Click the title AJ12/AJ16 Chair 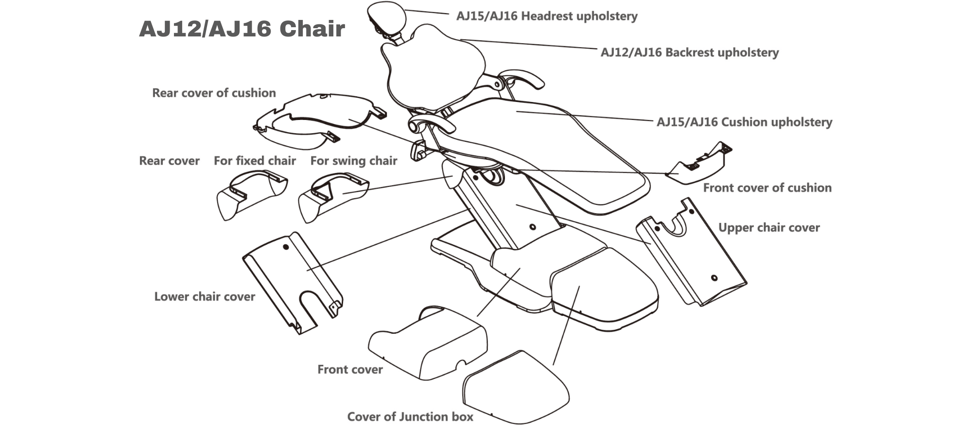click(242, 29)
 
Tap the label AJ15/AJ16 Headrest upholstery click(546, 17)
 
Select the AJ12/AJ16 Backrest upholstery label click(689, 52)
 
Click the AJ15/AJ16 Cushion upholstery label click(744, 122)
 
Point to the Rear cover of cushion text click(214, 93)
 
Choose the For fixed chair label click(255, 161)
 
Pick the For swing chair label click(353, 161)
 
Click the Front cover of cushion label click(767, 188)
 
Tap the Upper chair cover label click(768, 228)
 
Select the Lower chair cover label click(204, 297)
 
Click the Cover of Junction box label click(410, 417)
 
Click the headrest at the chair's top click(386, 17)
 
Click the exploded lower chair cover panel click(292, 282)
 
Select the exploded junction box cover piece click(515, 389)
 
